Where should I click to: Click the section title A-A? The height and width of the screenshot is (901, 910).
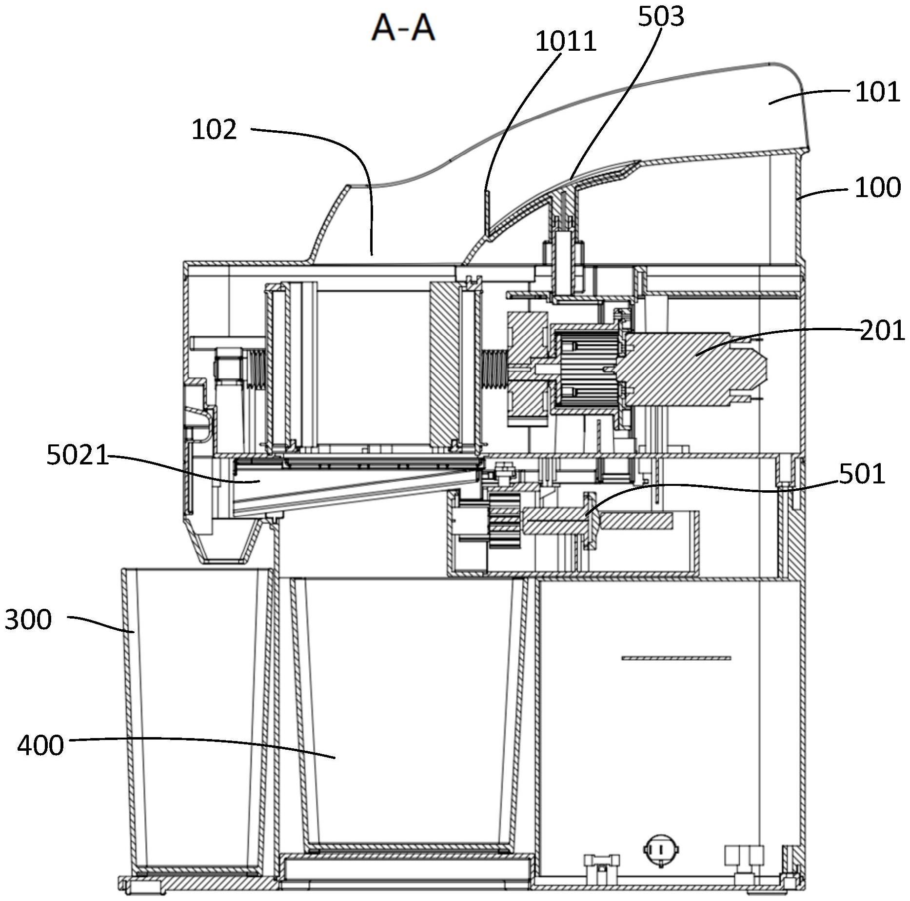pos(403,28)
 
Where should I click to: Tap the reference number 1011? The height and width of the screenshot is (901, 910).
pos(566,41)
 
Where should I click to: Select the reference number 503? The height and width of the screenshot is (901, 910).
pos(661,17)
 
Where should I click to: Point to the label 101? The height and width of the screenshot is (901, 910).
pos(877,92)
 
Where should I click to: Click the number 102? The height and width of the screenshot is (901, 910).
pos(214,130)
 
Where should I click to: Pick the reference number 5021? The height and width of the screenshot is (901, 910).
pos(78,456)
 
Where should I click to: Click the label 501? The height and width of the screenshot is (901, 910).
pos(862,474)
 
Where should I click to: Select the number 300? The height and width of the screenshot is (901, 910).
pos(28,620)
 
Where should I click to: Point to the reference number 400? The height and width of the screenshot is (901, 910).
pos(40,745)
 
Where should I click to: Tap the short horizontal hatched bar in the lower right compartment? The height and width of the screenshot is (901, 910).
pos(676,658)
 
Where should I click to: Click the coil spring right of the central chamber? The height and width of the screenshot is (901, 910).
pos(495,370)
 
